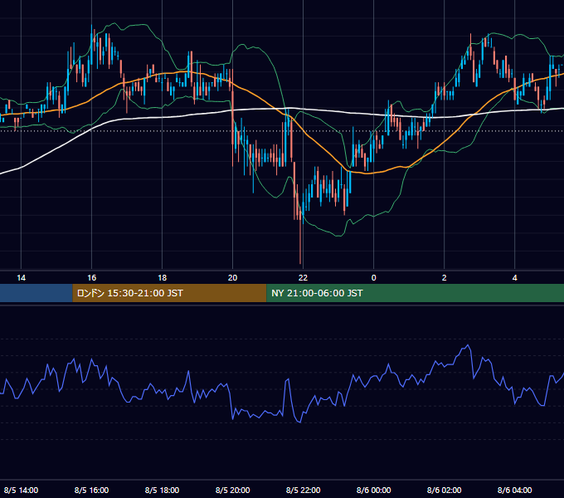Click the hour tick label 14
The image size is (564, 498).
22,278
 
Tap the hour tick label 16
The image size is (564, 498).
92,278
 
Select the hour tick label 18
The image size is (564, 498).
163,278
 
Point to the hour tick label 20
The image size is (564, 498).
233,278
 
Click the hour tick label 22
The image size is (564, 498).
304,278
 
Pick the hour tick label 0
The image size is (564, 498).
374,278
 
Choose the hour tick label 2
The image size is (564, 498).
445,278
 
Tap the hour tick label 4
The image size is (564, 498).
515,278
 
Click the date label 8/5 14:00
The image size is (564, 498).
22,490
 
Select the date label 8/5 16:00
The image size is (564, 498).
92,490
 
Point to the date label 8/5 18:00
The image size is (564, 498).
163,490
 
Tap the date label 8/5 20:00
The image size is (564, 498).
233,490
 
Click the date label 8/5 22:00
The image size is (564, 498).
304,490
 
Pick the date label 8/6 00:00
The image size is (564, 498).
374,490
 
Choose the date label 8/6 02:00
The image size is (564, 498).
445,490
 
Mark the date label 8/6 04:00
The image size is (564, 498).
515,490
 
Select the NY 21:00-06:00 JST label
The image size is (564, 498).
317,293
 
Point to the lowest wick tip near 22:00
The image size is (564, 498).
300,264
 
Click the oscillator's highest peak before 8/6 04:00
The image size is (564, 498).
468,345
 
